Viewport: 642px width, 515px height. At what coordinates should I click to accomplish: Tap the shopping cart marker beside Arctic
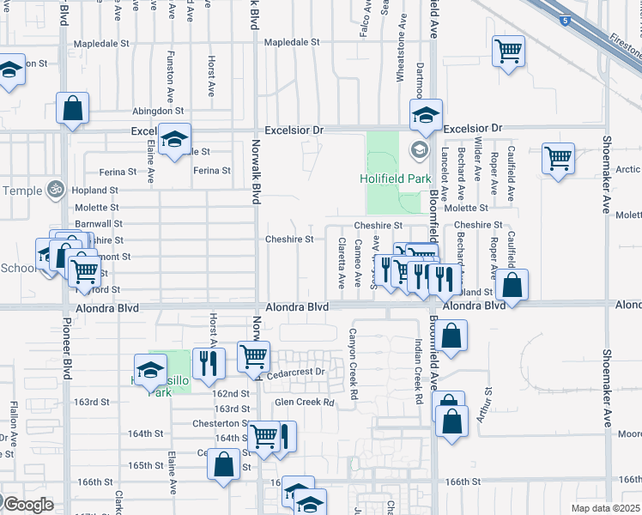[559, 158]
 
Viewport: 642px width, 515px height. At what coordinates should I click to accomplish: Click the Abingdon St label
[158, 112]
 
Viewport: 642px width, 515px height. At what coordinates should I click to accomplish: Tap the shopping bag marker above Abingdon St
[72, 108]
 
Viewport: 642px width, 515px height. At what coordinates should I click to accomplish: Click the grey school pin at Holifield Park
[419, 150]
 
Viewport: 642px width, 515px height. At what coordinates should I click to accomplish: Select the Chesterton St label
[220, 423]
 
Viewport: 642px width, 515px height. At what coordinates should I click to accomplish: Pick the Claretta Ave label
[342, 262]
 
